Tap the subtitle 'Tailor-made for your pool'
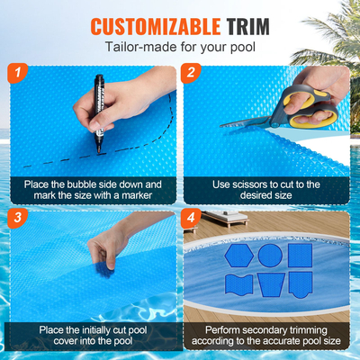coord(180,46)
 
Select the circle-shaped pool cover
coord(269,256)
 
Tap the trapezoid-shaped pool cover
coord(270,287)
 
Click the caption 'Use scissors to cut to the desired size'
coord(267,190)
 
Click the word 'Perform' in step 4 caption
coord(215,329)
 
